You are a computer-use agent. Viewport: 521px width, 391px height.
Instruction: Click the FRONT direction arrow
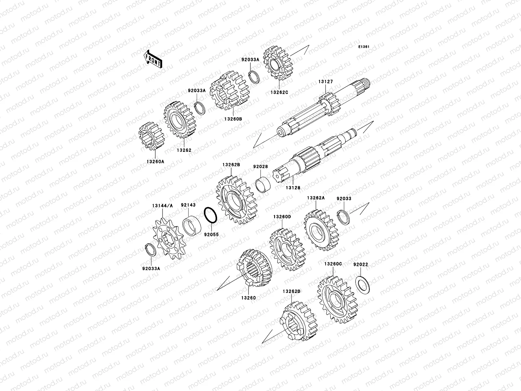(153, 59)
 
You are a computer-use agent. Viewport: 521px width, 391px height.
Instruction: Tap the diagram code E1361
(364, 47)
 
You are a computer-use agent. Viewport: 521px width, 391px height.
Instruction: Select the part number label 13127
(326, 82)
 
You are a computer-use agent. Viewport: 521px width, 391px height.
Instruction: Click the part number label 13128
(293, 188)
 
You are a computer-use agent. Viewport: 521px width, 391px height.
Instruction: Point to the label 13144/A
(162, 206)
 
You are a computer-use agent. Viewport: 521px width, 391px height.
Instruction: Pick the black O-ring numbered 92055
(211, 215)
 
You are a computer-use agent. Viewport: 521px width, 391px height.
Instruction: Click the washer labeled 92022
(362, 285)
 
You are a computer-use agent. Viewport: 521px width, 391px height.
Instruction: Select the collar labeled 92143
(191, 225)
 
